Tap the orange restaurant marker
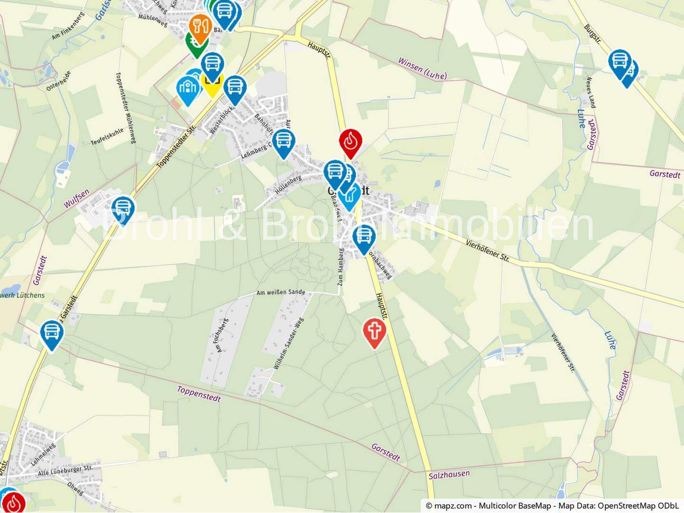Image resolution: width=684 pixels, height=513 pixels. (x=200, y=27)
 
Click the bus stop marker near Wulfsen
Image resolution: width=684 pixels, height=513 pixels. (x=123, y=209)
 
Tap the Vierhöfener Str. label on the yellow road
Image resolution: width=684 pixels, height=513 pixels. (x=487, y=250)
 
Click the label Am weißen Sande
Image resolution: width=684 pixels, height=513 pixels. (x=281, y=292)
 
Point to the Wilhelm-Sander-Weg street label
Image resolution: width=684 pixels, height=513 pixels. (x=288, y=344)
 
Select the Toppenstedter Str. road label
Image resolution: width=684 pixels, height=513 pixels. (x=176, y=147)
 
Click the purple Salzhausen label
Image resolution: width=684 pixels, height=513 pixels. (x=449, y=474)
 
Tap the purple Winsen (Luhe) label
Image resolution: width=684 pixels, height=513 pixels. (x=422, y=68)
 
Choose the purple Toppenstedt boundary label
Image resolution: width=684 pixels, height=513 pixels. (x=199, y=393)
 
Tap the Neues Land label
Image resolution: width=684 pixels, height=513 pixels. (x=591, y=93)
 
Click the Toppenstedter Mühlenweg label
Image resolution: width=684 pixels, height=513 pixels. (x=126, y=108)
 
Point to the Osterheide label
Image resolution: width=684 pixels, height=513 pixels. (x=59, y=81)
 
